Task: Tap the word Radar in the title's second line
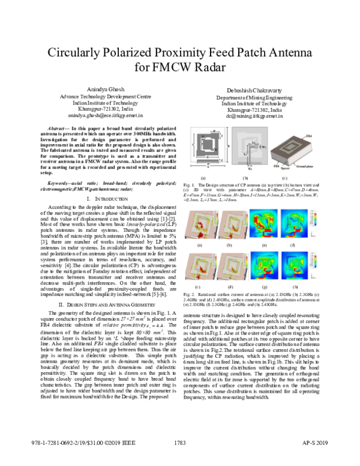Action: point(213,67)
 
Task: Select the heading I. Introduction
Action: point(100,198)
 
